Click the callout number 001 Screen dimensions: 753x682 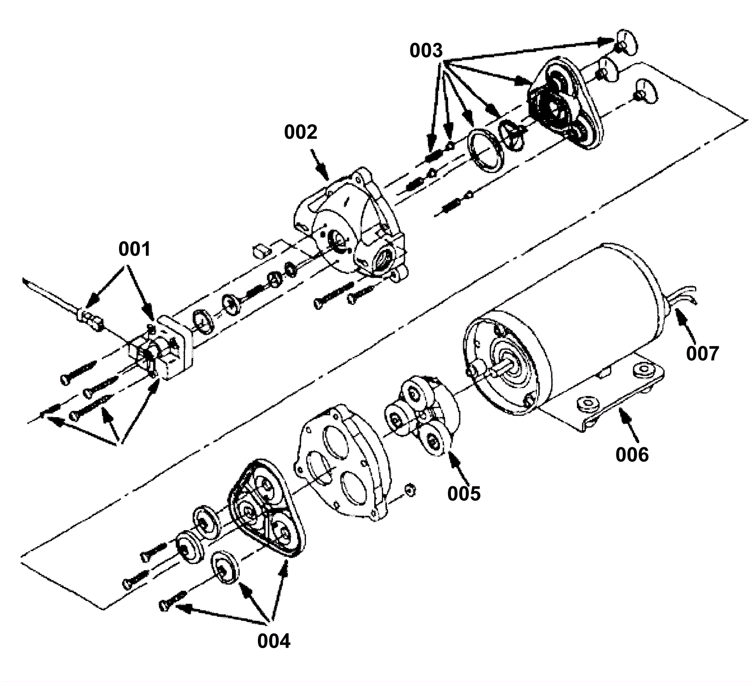tap(135, 249)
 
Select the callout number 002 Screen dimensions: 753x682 tap(301, 132)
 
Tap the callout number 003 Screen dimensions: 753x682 tap(426, 51)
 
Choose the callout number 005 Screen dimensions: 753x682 tap(464, 493)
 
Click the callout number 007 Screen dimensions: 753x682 tap(703, 353)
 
